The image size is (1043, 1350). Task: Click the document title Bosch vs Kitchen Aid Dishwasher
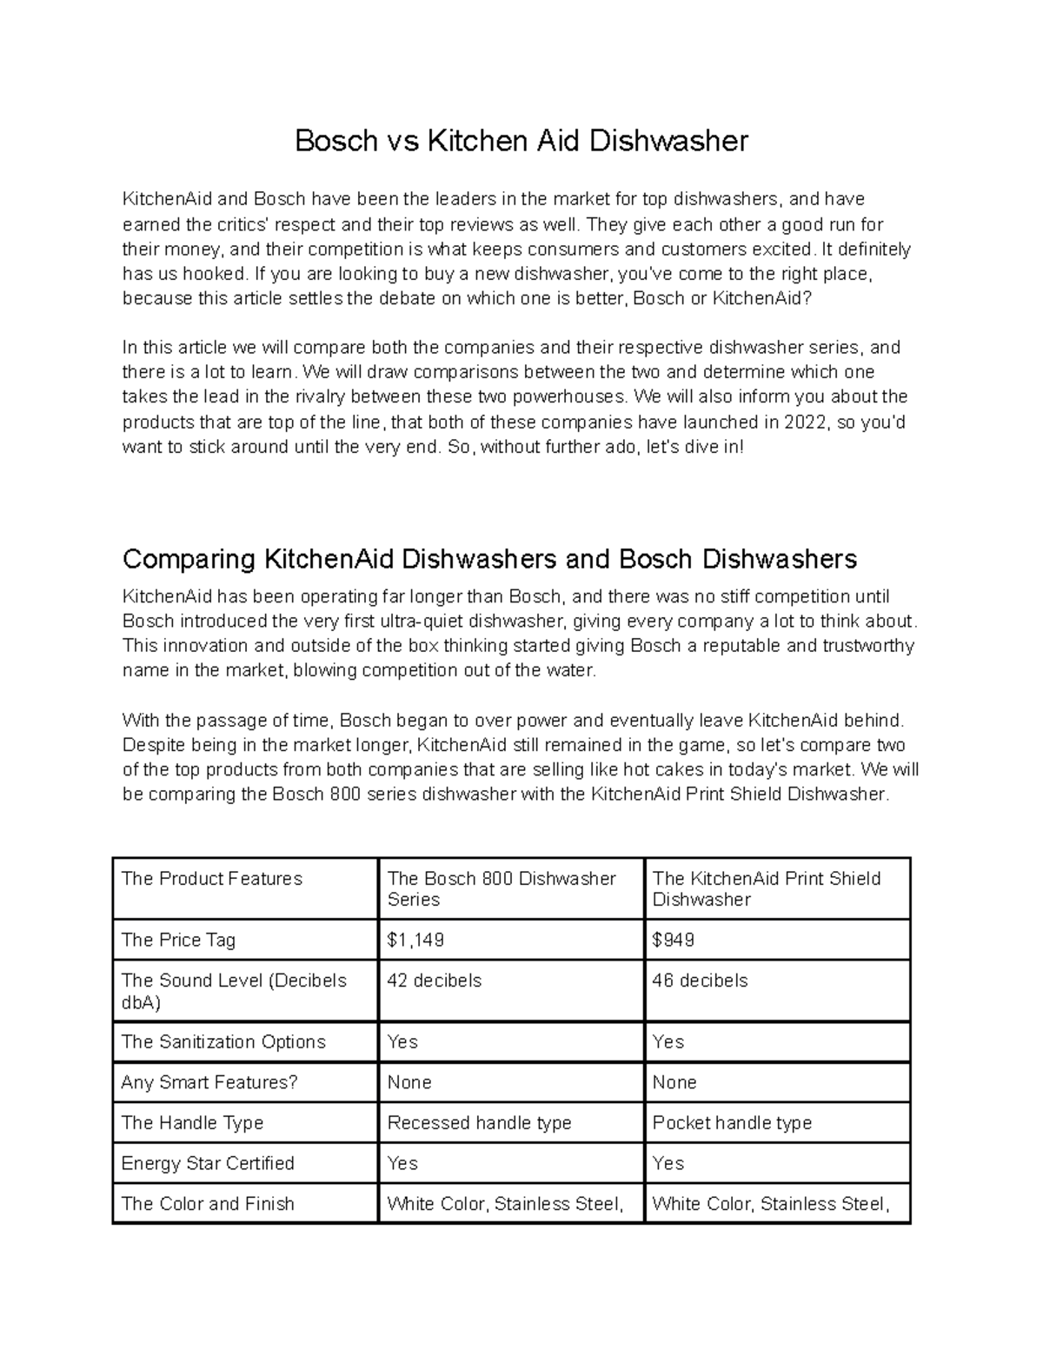(x=521, y=141)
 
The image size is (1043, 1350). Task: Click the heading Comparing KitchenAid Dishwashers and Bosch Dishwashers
(x=489, y=559)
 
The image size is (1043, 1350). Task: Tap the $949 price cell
(x=673, y=941)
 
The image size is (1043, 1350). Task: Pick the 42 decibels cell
(x=434, y=981)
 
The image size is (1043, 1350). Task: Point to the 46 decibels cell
(x=700, y=981)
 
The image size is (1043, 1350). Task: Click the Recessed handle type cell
(x=479, y=1123)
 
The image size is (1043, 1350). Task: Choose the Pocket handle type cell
(x=732, y=1123)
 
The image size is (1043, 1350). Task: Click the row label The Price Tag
(x=178, y=941)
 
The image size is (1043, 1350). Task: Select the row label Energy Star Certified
(x=208, y=1164)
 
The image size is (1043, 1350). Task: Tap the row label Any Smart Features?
(x=209, y=1083)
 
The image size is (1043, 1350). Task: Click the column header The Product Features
(x=212, y=879)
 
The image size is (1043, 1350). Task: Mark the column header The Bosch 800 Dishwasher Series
(x=502, y=889)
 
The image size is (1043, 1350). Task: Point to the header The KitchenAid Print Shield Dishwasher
(x=766, y=889)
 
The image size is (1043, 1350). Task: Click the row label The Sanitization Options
(x=223, y=1042)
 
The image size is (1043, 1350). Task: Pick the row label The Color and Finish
(x=208, y=1204)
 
